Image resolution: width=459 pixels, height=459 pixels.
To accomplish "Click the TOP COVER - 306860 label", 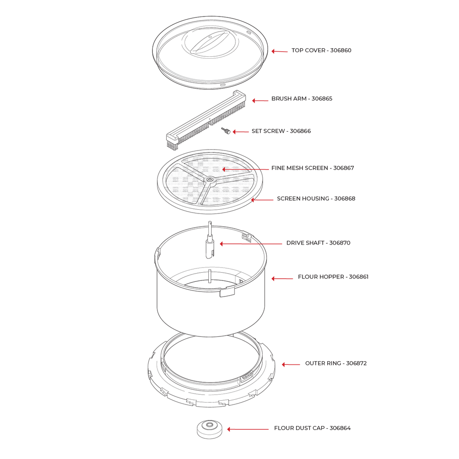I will (x=321, y=50).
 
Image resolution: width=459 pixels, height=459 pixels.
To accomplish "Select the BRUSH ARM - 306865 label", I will (x=302, y=99).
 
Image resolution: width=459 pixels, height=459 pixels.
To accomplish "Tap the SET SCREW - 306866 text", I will (x=281, y=131).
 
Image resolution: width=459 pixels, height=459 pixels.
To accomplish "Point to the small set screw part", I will (x=226, y=131).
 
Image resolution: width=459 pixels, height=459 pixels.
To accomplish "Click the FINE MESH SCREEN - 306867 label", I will (x=313, y=168).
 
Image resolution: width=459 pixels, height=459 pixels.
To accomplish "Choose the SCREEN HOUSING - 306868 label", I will (x=316, y=199).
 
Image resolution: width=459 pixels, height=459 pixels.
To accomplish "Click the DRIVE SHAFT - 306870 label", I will (x=318, y=243).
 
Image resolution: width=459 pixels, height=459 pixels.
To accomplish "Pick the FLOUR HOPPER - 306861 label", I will (x=333, y=277).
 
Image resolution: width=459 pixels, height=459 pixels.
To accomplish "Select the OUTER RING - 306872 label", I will (x=336, y=363).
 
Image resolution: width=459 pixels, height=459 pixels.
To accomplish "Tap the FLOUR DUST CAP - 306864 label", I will (x=312, y=428).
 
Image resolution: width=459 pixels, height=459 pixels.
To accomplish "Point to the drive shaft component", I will (x=210, y=241).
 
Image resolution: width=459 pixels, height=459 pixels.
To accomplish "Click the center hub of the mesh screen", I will (x=209, y=179).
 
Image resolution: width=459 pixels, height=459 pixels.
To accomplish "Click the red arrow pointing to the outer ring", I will (x=290, y=364).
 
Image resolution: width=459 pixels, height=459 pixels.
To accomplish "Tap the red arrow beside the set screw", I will (x=240, y=132).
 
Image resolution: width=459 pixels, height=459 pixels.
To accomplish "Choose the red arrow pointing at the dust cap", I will (x=248, y=429).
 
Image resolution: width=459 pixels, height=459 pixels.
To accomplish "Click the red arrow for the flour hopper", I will (x=282, y=279).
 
